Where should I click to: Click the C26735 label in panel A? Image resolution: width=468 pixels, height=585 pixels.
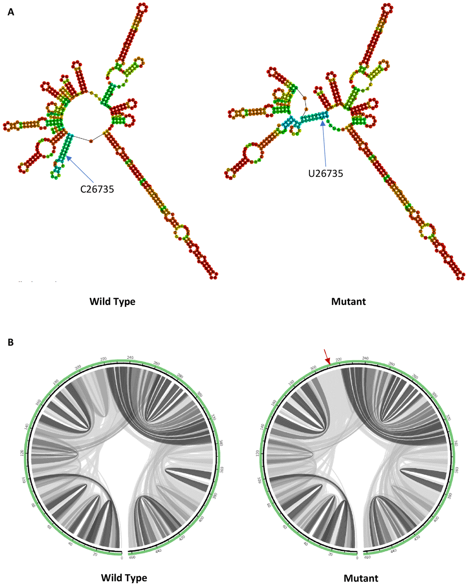click(97, 190)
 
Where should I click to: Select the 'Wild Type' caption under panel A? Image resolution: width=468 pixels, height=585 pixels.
click(112, 302)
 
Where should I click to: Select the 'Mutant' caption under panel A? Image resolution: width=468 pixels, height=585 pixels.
click(348, 302)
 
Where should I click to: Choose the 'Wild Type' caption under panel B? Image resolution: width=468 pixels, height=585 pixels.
click(124, 578)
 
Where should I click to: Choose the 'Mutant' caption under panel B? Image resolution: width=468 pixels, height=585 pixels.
click(361, 578)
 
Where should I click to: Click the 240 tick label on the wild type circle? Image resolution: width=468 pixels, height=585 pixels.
click(131, 358)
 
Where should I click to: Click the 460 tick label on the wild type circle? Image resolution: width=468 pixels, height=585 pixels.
click(132, 557)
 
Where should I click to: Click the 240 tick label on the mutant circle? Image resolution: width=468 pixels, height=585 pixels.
click(366, 358)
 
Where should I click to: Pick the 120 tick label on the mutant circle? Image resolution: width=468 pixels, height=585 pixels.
click(258, 454)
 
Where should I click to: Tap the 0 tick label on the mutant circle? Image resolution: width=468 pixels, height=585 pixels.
click(358, 558)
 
